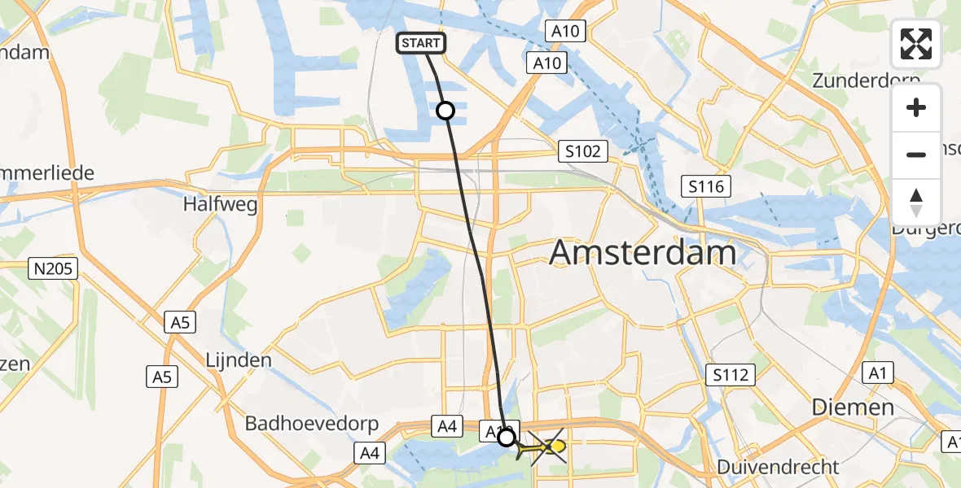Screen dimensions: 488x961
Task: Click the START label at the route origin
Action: click(421, 43)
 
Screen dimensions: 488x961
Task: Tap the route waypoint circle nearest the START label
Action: click(445, 111)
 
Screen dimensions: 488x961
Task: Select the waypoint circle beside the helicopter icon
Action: click(507, 438)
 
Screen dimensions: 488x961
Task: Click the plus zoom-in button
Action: click(916, 107)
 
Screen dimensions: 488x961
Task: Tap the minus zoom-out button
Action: click(916, 155)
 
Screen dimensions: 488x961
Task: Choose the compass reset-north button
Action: click(916, 203)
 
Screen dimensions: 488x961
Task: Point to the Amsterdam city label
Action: click(643, 253)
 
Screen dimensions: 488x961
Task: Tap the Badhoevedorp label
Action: click(308, 424)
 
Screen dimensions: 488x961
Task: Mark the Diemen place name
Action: click(853, 407)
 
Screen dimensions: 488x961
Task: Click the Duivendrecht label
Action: click(778, 467)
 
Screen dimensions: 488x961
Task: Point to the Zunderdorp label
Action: click(866, 81)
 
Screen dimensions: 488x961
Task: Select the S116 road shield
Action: click(706, 187)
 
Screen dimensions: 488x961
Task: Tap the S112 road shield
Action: click(731, 375)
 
